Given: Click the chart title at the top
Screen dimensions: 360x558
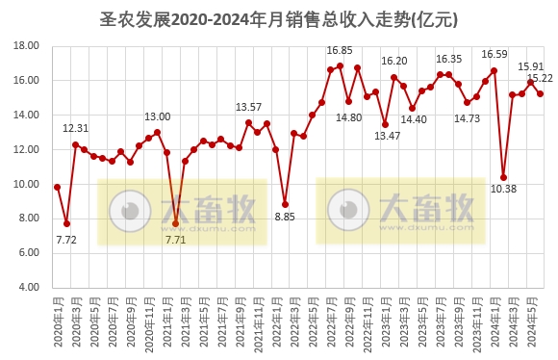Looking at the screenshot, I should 279,18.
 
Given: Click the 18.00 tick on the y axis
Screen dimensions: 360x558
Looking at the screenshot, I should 27,46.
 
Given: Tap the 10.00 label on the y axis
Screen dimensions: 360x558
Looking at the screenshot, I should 27,184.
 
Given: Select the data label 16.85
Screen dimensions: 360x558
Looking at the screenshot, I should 340,50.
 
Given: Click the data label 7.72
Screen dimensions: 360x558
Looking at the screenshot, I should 66,240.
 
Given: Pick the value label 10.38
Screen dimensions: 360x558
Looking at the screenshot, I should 504,189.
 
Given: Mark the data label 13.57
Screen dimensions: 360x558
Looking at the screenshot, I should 249,107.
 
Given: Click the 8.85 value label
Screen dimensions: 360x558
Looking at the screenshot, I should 285,218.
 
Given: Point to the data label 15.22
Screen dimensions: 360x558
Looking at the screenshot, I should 540,78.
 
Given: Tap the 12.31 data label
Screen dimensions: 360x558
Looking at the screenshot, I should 76,128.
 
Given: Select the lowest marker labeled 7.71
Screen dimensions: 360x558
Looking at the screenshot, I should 175,223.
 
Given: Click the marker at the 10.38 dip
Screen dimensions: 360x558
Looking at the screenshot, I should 503,177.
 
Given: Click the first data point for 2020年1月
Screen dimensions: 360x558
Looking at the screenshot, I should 58,187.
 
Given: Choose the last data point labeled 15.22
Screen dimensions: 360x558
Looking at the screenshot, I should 540,93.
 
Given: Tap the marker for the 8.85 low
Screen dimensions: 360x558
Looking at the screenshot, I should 285,204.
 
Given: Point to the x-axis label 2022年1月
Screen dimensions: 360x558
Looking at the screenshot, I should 276,324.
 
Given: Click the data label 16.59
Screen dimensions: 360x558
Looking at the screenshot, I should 495,55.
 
